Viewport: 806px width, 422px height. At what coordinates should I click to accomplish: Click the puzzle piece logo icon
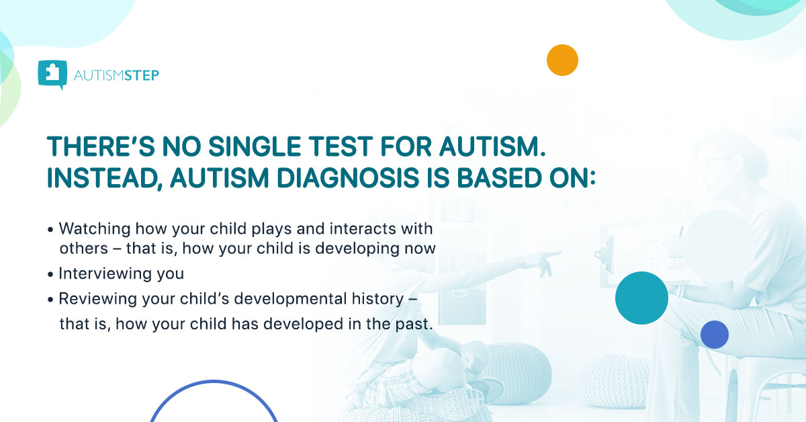[52, 75]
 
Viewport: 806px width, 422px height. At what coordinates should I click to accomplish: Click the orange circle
[562, 60]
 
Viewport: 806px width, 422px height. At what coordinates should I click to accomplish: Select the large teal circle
[641, 298]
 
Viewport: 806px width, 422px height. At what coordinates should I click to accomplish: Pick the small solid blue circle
[714, 334]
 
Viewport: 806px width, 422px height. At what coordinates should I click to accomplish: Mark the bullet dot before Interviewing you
[50, 275]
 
